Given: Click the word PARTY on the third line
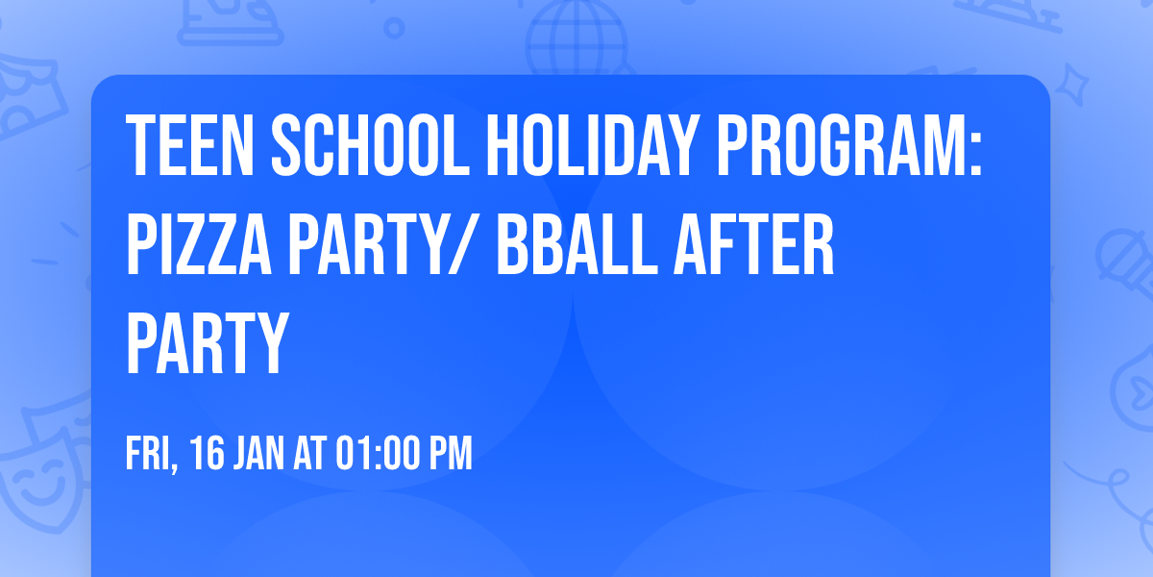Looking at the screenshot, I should click(207, 344).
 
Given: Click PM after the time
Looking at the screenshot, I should click(451, 454).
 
